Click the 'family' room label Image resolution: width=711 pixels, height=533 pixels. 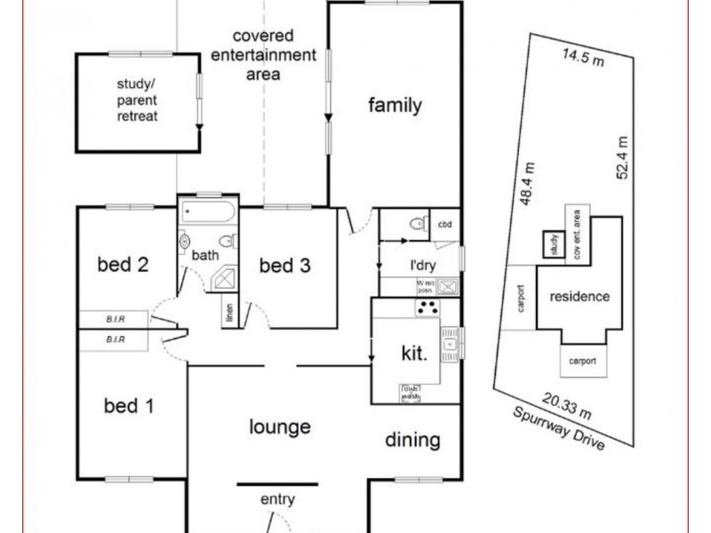[395, 107]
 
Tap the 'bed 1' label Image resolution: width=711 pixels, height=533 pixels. [129, 407]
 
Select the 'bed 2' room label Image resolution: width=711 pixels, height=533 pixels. [123, 264]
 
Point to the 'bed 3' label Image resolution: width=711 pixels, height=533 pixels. [284, 265]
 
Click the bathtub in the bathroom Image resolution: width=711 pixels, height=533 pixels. [208, 213]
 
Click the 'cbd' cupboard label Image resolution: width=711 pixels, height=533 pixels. [444, 225]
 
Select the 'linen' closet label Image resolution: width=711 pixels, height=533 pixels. [229, 313]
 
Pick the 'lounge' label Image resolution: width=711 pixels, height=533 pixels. [279, 426]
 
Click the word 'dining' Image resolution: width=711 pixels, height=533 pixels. [412, 440]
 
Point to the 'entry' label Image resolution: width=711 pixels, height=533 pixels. [276, 500]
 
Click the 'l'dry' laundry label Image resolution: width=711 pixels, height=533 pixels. [421, 265]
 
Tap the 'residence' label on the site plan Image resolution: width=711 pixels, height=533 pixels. [579, 297]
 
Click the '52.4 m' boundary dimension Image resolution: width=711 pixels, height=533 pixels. [622, 157]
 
